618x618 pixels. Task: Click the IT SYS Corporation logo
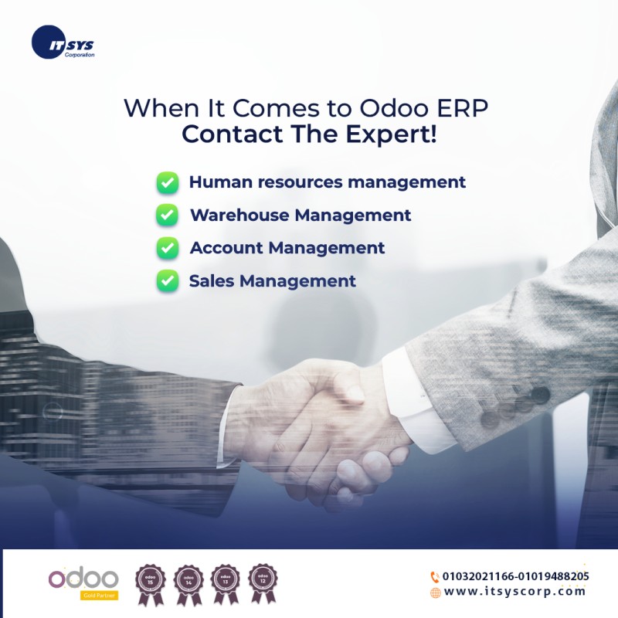(61, 43)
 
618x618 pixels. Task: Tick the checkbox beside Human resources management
(168, 183)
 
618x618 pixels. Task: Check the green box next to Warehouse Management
(168, 216)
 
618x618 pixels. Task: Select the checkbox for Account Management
(168, 248)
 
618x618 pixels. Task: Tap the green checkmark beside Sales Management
(168, 281)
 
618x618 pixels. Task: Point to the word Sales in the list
(211, 281)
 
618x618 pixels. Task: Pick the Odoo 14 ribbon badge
(188, 582)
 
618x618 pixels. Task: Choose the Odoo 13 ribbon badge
(225, 582)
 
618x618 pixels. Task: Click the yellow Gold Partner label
(99, 596)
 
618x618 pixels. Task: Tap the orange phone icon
(435, 576)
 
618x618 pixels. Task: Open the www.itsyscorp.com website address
(515, 592)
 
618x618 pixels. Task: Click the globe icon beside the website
(435, 593)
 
